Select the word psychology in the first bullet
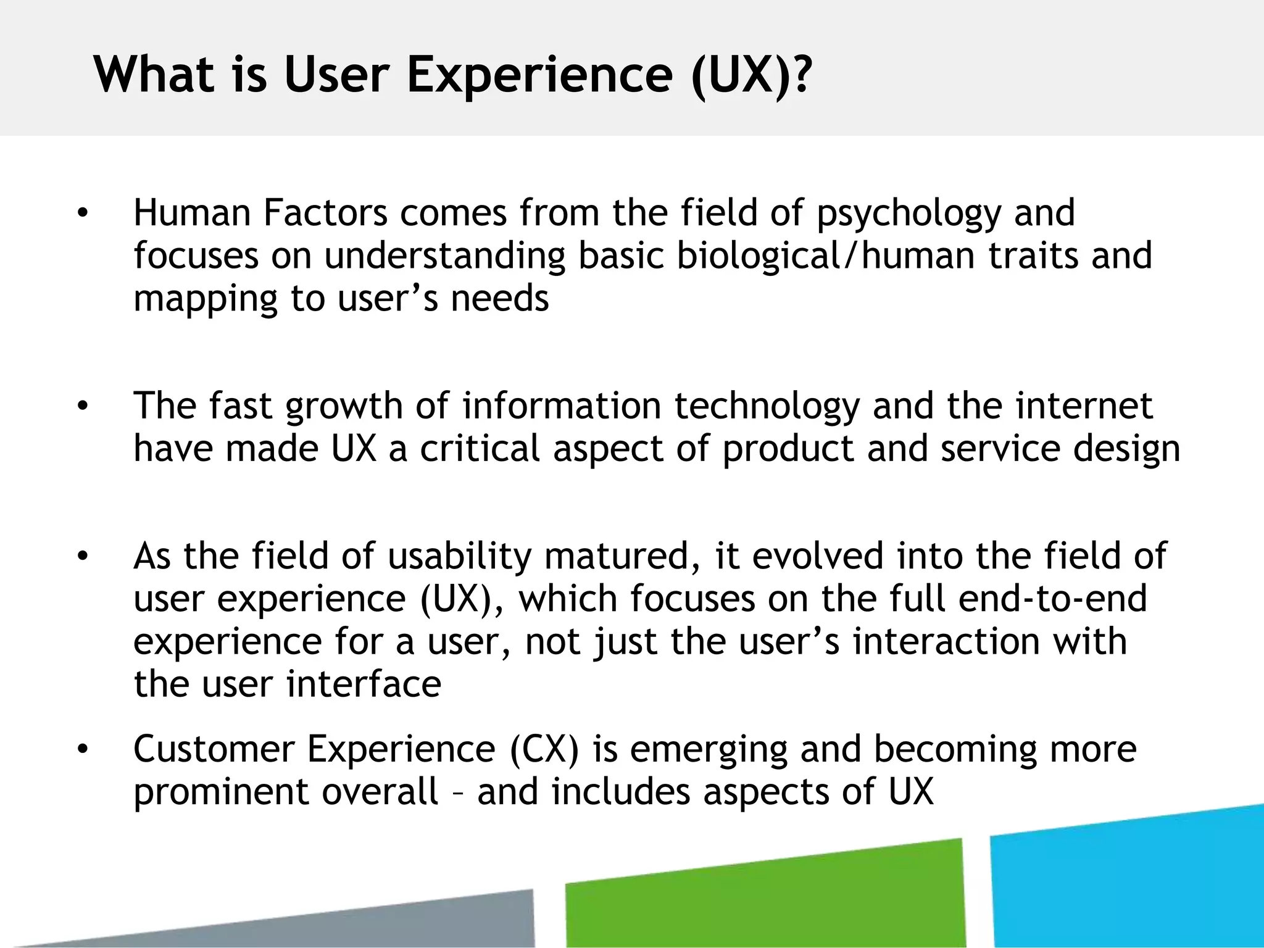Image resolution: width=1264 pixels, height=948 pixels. [908, 214]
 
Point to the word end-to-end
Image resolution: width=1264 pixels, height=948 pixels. [1052, 599]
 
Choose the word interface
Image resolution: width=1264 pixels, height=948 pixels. [364, 684]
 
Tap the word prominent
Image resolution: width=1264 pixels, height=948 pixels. [221, 793]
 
